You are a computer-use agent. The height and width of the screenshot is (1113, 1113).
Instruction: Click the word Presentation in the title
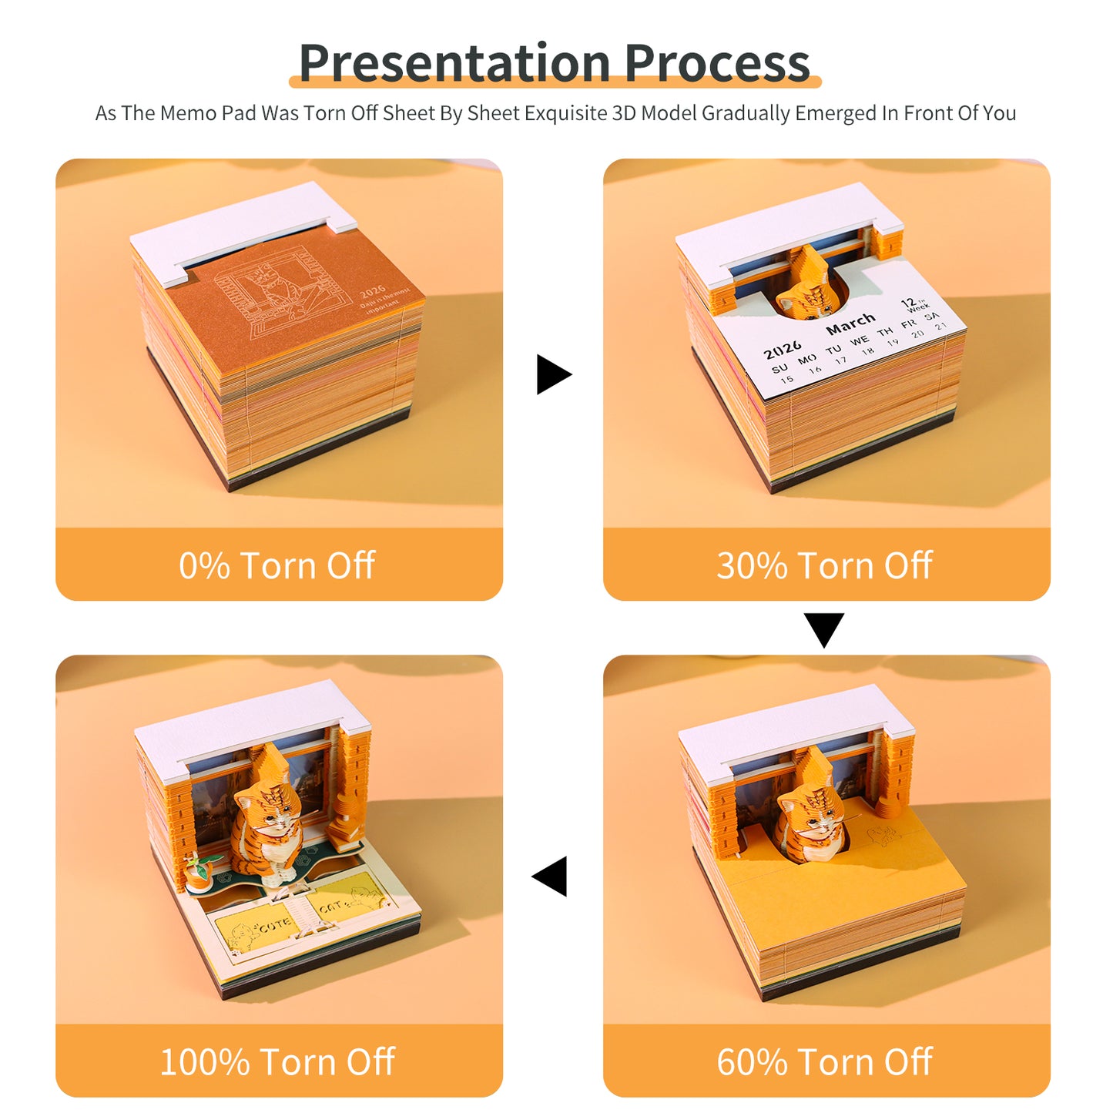pyautogui.click(x=454, y=63)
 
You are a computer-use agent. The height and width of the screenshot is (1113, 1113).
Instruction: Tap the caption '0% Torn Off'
pyautogui.click(x=277, y=565)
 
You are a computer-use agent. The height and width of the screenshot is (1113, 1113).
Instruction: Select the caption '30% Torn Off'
pyautogui.click(x=825, y=565)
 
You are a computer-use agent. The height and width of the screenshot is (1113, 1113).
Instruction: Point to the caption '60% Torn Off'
pyautogui.click(x=825, y=1062)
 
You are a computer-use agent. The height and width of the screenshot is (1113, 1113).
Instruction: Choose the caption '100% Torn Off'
pyautogui.click(x=277, y=1062)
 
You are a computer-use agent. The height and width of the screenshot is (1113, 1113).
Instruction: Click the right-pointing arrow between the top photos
pyautogui.click(x=553, y=374)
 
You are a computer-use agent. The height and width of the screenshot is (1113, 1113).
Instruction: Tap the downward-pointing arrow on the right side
pyautogui.click(x=824, y=629)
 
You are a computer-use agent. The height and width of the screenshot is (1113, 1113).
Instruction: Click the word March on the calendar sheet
pyautogui.click(x=850, y=324)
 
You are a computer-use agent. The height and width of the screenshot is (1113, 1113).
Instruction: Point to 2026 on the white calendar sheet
pyautogui.click(x=783, y=350)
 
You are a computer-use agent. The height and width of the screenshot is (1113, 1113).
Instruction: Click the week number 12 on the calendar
pyautogui.click(x=909, y=303)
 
